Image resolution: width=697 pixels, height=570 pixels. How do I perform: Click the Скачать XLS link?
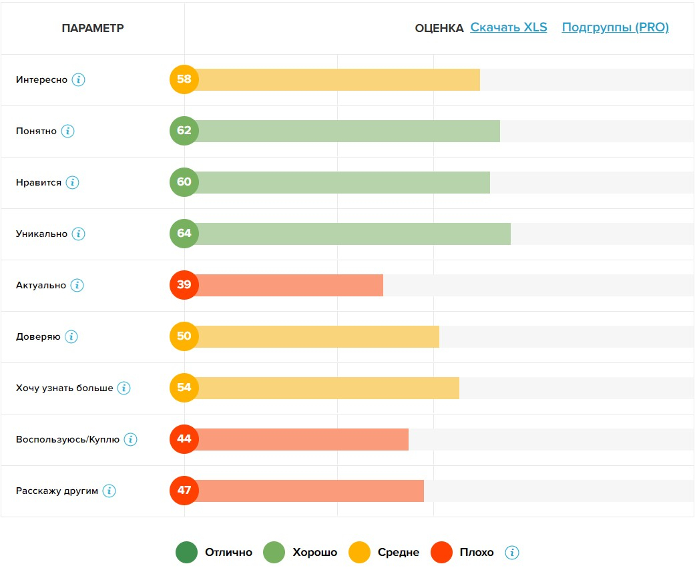click(x=508, y=27)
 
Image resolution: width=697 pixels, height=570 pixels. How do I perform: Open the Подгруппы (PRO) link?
click(x=615, y=27)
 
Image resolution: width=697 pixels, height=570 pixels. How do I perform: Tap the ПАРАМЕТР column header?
click(x=93, y=28)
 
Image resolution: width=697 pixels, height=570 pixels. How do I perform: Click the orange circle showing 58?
click(x=184, y=79)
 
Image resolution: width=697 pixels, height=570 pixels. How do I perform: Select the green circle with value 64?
click(x=184, y=234)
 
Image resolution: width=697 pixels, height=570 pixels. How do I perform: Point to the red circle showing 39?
click(x=184, y=285)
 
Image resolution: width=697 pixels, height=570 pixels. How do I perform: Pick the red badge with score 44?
click(x=184, y=439)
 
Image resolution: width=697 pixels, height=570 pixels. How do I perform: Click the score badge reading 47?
click(x=184, y=491)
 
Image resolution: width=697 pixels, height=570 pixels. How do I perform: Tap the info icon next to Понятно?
click(x=67, y=131)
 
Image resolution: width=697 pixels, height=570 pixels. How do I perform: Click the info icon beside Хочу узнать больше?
click(x=124, y=388)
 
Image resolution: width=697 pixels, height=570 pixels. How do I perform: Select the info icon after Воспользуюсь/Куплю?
click(x=130, y=439)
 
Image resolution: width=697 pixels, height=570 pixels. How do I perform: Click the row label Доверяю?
click(x=38, y=336)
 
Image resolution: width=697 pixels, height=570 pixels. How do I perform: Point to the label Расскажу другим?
click(x=57, y=491)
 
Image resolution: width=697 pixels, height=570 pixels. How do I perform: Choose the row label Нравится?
click(x=39, y=182)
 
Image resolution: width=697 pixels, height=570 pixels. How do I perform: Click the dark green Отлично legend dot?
click(x=186, y=553)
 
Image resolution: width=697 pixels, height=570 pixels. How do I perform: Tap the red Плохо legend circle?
click(x=441, y=553)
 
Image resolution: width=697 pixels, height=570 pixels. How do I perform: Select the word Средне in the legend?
click(x=398, y=553)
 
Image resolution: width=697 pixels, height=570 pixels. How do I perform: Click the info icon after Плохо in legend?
click(x=512, y=553)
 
